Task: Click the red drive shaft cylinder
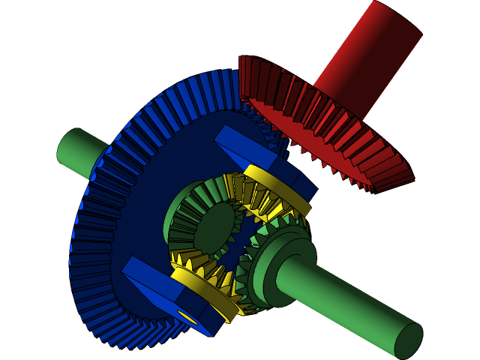[367, 60]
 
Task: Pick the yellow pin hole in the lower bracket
[187, 318]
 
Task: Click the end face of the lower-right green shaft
[409, 341]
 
